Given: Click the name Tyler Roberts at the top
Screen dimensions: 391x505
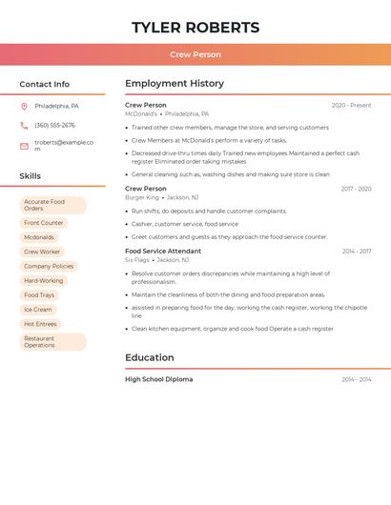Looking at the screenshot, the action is [195, 28].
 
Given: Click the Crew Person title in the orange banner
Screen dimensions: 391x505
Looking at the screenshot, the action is [195, 54].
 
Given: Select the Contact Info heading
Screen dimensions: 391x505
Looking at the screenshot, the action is [45, 84].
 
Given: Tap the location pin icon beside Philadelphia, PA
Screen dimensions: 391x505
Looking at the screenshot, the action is [24, 106].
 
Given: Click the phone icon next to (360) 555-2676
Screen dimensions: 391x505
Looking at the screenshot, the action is [24, 125].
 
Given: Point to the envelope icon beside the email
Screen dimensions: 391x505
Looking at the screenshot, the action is [24, 146].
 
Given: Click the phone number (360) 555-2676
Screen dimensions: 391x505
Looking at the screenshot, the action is [54, 125].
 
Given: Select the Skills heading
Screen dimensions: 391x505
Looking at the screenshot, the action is [31, 176].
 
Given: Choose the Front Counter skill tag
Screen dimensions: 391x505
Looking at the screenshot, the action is [44, 223].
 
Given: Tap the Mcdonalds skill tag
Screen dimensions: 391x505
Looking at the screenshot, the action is [39, 237].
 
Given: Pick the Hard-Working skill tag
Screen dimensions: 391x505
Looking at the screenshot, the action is [44, 281].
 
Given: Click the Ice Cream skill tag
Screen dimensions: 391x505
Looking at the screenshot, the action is [38, 310].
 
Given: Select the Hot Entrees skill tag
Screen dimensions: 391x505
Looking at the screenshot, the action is [40, 324].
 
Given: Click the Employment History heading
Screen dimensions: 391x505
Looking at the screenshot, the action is [175, 84].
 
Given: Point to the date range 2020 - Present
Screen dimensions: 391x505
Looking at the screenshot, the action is [351, 105].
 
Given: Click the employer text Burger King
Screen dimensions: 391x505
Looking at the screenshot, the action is [142, 197].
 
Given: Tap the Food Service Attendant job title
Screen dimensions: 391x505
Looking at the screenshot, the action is [163, 252].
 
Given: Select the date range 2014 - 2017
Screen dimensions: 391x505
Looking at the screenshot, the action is [357, 252].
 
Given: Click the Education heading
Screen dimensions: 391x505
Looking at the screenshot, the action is [150, 358].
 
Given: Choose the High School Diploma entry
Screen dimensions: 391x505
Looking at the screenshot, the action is [158, 379].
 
